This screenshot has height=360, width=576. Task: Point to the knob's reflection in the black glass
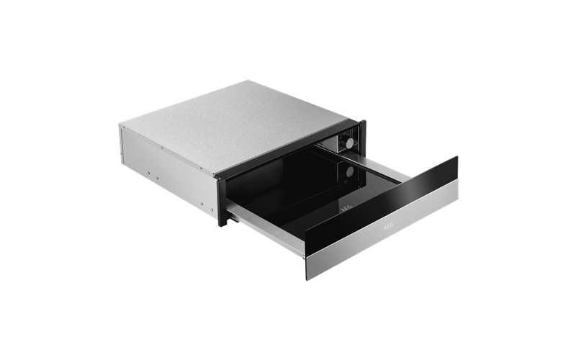click(x=349, y=172)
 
